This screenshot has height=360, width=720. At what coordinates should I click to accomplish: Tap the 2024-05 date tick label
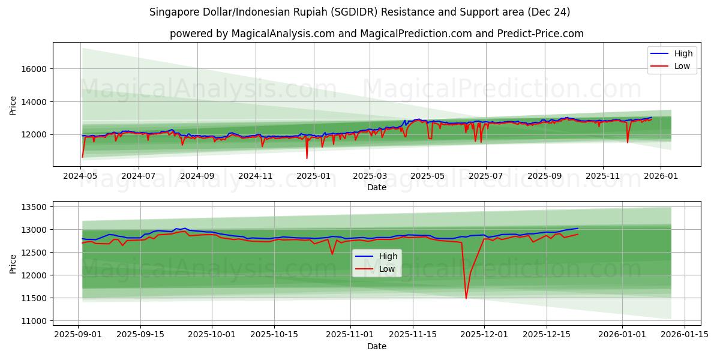click(80, 176)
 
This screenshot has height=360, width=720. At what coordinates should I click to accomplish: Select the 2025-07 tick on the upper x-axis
click(485, 176)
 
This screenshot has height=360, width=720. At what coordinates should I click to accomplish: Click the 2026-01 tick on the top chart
click(661, 176)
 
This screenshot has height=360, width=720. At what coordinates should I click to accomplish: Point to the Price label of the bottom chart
click(13, 263)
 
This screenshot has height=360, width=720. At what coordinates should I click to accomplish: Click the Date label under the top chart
click(377, 187)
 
